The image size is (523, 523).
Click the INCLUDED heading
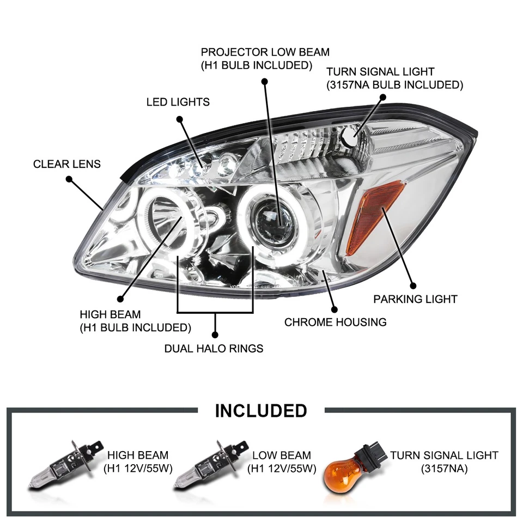261,410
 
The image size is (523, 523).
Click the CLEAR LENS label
67,164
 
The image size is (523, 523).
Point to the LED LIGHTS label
178,102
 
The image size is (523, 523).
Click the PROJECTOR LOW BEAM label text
265,53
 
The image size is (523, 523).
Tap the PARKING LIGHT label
415,299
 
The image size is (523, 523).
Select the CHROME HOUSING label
335,322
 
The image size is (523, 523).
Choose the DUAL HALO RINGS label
214,348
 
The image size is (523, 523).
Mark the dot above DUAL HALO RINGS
215,334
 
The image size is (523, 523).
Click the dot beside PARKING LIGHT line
413,285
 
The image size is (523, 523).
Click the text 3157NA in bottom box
444,468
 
